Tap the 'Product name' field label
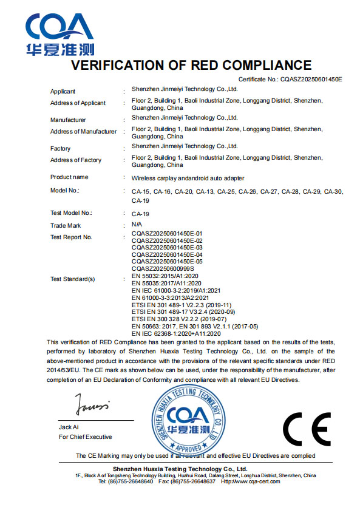69,177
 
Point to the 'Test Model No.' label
71,213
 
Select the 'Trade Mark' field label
66,225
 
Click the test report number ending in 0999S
163,268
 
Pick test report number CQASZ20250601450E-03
167,248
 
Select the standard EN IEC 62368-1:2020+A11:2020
176,333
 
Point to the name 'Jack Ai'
69,427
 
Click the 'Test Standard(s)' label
72,279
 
